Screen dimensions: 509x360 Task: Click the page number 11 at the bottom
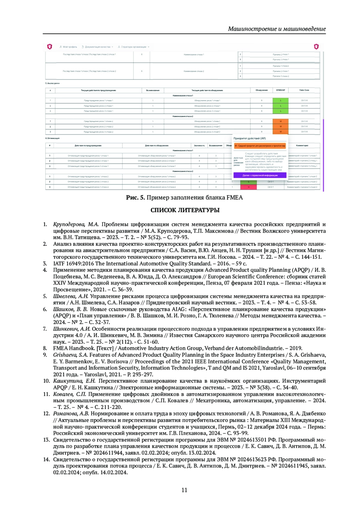click(184, 490)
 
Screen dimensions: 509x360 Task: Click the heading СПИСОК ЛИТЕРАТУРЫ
click(185, 210)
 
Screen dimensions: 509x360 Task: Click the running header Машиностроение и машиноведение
click(277, 29)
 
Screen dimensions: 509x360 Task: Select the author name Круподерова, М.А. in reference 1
click(76, 224)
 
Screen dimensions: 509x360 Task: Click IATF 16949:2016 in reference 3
click(76, 263)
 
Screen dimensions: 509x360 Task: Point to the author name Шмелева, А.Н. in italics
click(70, 296)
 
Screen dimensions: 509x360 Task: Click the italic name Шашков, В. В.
click(70, 309)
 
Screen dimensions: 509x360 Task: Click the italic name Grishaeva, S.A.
click(70, 355)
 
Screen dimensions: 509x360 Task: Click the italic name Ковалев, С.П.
click(69, 394)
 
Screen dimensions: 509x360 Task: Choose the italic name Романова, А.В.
click(71, 414)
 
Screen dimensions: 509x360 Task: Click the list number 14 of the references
click(46, 460)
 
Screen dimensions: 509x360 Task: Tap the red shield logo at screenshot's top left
click(49, 46)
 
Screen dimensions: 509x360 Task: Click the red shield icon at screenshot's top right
click(316, 46)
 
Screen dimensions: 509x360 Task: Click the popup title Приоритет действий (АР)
click(250, 138)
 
